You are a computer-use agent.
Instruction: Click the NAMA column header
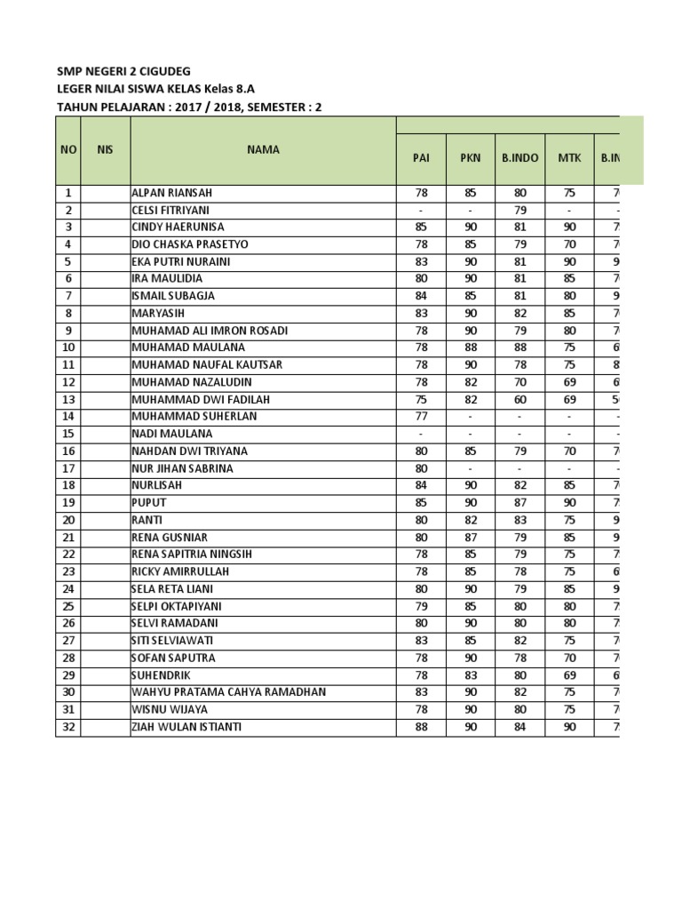[263, 149]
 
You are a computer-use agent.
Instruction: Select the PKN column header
[470, 158]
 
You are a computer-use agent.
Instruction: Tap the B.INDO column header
[519, 158]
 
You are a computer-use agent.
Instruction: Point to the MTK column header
[569, 158]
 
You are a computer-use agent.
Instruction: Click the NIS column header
[105, 149]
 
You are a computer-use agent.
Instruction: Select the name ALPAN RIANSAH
[172, 193]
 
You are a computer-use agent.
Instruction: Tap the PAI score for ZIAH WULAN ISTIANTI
[421, 727]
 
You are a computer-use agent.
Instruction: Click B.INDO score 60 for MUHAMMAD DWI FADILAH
[519, 400]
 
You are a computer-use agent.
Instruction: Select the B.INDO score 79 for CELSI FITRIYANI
[519, 211]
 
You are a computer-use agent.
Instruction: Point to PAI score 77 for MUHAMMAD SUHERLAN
[421, 417]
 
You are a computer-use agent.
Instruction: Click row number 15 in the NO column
[68, 434]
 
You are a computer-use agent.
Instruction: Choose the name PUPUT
[149, 503]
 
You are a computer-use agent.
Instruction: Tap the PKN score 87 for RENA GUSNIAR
[470, 538]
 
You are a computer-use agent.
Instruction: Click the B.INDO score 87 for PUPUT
[519, 503]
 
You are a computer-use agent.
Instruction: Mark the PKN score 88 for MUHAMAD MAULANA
[470, 347]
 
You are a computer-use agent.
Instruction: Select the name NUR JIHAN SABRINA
[182, 468]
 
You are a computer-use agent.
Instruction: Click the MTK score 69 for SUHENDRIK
[569, 675]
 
